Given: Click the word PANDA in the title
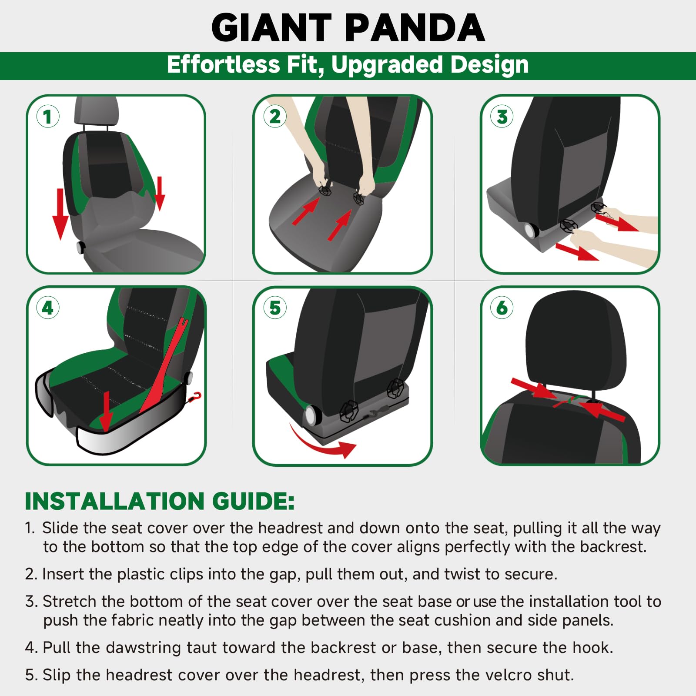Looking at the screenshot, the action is pyautogui.click(x=415, y=28).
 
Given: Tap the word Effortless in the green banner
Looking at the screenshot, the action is pyautogui.click(x=223, y=64).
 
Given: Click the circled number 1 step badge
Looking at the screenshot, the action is pyautogui.click(x=48, y=117).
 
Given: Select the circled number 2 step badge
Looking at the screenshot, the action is pyautogui.click(x=275, y=117).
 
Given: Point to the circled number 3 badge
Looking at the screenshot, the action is pyautogui.click(x=502, y=117).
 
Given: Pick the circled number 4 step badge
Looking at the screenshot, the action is pyautogui.click(x=48, y=308).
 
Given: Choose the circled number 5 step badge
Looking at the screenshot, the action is pyautogui.click(x=275, y=308).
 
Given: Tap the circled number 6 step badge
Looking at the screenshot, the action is pyautogui.click(x=502, y=308).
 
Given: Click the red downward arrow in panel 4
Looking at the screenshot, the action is pyautogui.click(x=106, y=412).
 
